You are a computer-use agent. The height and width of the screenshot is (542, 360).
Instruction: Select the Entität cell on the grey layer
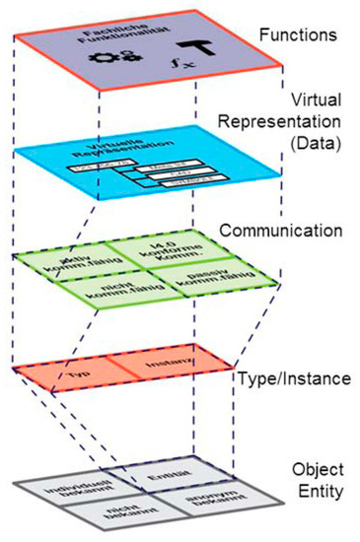[x=162, y=481]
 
